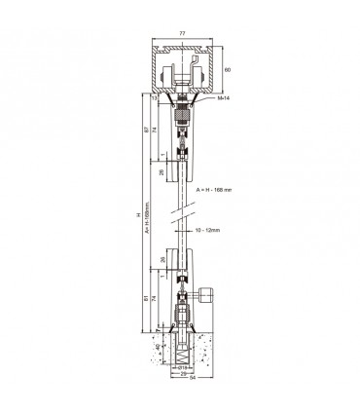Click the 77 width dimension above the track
tap(182, 32)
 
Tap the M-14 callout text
tap(222, 98)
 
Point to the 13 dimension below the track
tap(155, 97)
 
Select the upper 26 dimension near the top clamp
tap(162, 174)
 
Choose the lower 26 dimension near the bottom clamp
tap(162, 259)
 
